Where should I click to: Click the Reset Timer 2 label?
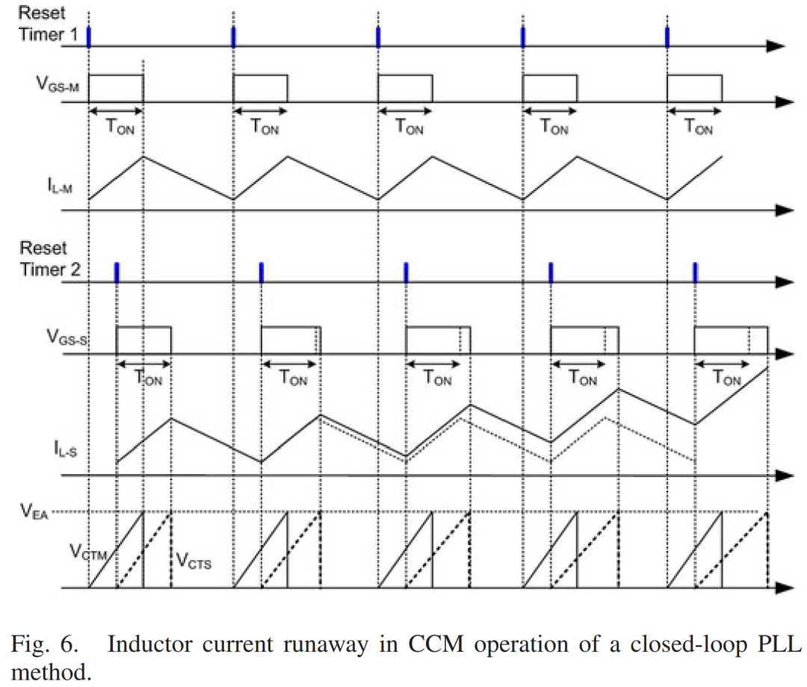point(43,258)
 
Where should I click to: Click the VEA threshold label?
point(34,512)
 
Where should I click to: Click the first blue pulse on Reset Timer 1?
point(89,37)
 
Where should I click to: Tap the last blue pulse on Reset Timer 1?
point(667,37)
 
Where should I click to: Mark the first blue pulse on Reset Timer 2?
point(117,273)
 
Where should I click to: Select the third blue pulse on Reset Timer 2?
point(406,273)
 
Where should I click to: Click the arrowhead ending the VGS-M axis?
point(782,101)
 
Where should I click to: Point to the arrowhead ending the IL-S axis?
point(782,475)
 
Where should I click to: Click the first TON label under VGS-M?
point(117,127)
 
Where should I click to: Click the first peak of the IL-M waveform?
point(143,156)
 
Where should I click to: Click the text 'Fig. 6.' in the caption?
point(46,644)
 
